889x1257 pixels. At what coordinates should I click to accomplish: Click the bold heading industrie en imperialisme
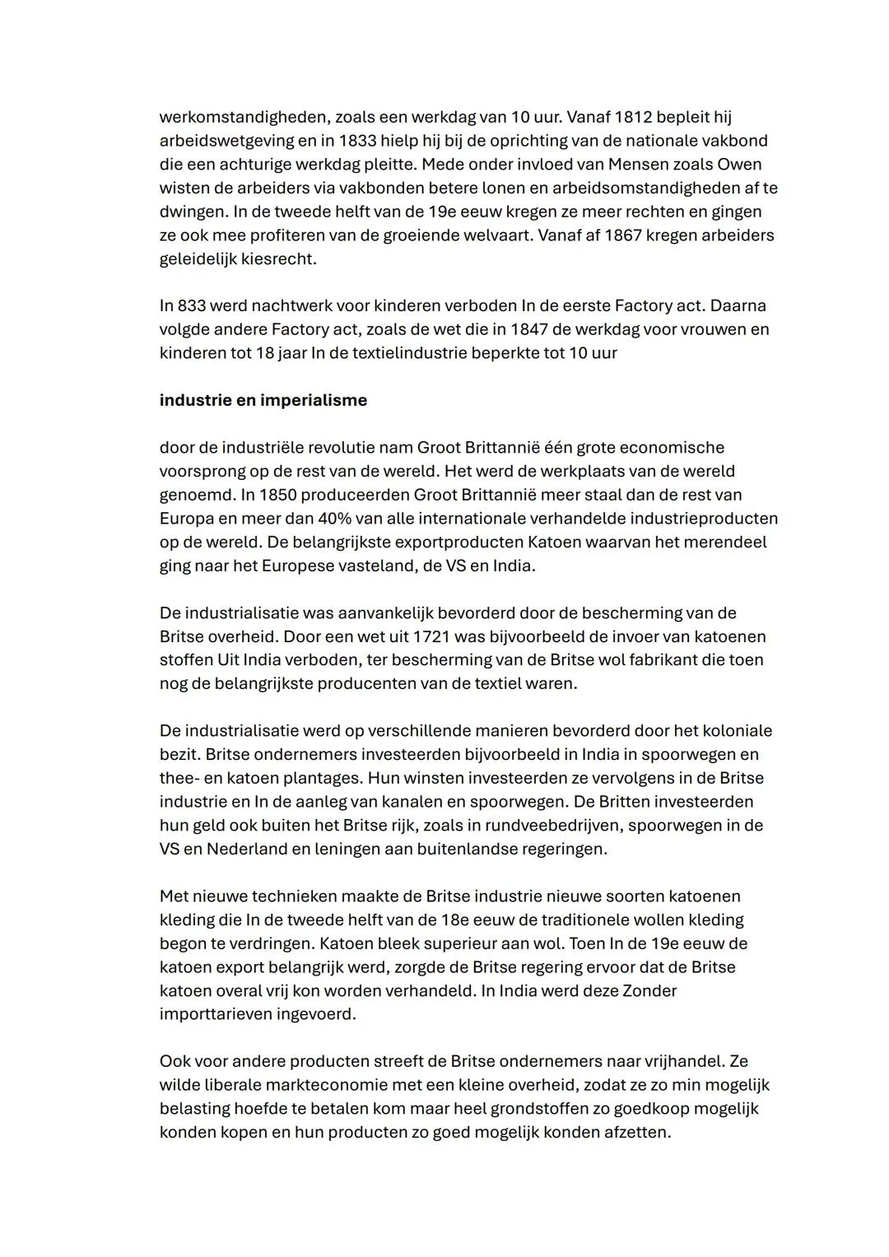(263, 400)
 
